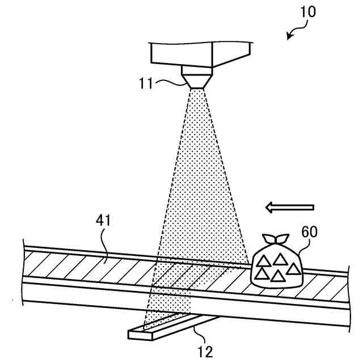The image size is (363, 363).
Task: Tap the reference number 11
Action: [146, 83]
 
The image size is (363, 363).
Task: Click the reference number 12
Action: [205, 352]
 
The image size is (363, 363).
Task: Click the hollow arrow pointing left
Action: [289, 208]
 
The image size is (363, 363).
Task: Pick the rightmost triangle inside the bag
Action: [293, 268]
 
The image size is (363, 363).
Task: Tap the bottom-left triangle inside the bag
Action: [261, 273]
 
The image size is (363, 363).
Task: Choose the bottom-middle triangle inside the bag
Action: [277, 276]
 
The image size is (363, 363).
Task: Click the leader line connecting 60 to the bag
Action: [301, 245]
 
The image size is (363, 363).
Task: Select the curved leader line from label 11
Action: [170, 83]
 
